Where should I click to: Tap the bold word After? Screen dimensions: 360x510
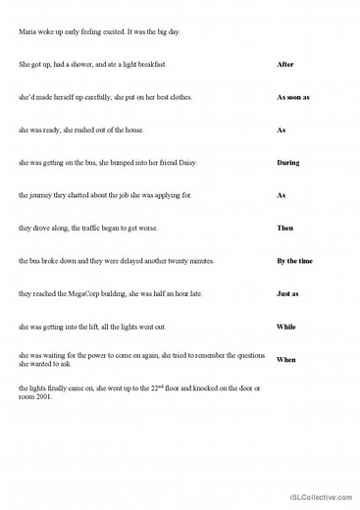pos(285,65)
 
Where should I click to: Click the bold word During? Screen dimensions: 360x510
pos(287,162)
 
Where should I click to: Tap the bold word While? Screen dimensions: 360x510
pos(286,326)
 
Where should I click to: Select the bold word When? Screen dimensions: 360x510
pos(285,359)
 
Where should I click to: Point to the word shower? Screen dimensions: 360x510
pos(85,65)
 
